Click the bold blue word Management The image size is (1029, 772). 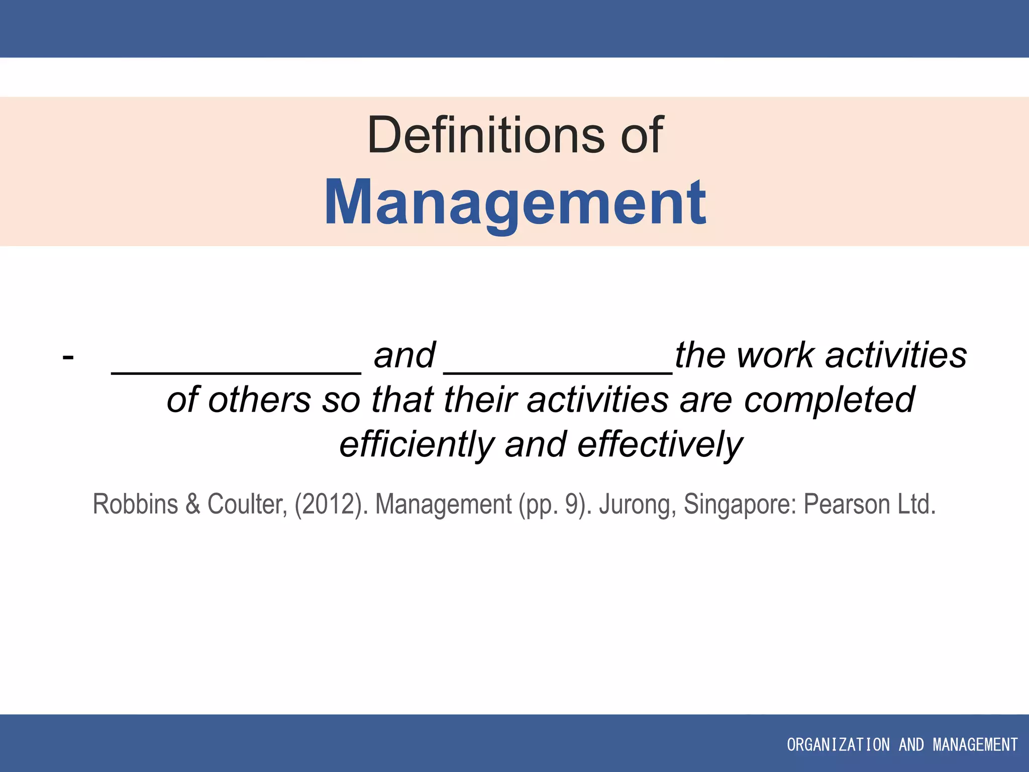pyautogui.click(x=516, y=202)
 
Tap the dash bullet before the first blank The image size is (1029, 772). pyautogui.click(x=68, y=357)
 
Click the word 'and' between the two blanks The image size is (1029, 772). pyautogui.click(x=404, y=355)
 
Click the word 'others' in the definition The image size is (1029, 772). pyautogui.click(x=260, y=400)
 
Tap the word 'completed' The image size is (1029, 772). pyautogui.click(x=829, y=400)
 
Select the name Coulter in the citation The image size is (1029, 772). pyautogui.click(x=247, y=504)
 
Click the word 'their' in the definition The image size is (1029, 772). pyautogui.click(x=480, y=400)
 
